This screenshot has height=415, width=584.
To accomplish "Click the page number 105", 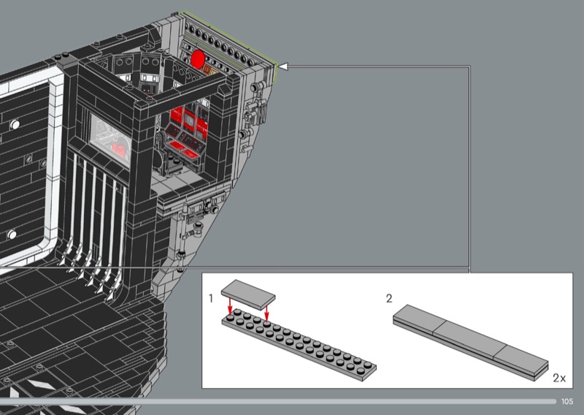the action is (567, 401).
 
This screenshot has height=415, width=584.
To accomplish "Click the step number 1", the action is (211, 298).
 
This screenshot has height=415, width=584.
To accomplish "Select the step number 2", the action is (389, 298).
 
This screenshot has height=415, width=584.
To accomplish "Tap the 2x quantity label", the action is (559, 378).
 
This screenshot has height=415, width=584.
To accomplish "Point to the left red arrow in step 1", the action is (230, 306).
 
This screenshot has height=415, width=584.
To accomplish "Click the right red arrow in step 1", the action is (266, 311).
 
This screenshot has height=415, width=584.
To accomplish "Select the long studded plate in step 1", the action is (299, 344).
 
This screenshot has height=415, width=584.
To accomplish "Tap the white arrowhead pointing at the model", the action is (284, 66).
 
